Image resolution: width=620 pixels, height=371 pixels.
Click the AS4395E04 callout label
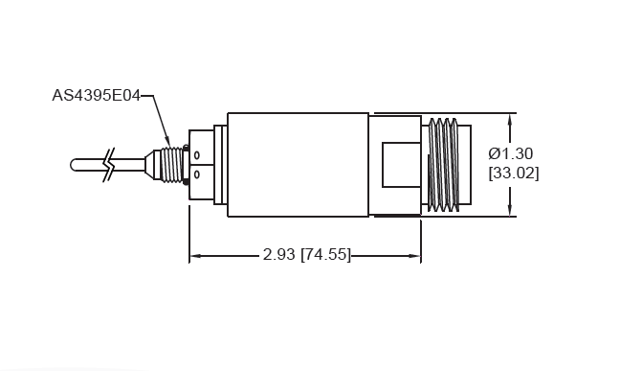click(x=96, y=97)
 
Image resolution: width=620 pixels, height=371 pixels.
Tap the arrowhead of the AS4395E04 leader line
click(x=168, y=146)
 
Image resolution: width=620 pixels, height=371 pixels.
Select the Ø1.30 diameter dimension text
click(x=511, y=153)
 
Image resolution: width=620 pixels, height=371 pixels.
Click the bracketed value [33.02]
click(x=513, y=174)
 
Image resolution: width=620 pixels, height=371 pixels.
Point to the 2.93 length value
click(x=278, y=255)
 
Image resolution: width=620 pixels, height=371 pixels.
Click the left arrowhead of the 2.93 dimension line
click(x=195, y=256)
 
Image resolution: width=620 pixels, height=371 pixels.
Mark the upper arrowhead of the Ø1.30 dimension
click(x=510, y=118)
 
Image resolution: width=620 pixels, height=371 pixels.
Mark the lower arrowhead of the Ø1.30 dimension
click(x=510, y=211)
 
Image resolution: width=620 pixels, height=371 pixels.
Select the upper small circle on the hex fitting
click(x=197, y=155)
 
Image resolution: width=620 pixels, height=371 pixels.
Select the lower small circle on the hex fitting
click(x=197, y=174)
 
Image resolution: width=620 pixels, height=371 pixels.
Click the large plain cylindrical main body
click(x=297, y=164)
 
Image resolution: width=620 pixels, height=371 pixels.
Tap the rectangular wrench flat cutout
click(x=400, y=164)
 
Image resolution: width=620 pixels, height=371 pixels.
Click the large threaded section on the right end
click(x=442, y=164)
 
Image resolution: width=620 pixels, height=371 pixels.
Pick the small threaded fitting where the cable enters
click(x=172, y=164)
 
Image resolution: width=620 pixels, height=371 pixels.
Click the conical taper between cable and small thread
click(x=151, y=164)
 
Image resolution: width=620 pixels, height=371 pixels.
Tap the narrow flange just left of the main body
click(x=219, y=164)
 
